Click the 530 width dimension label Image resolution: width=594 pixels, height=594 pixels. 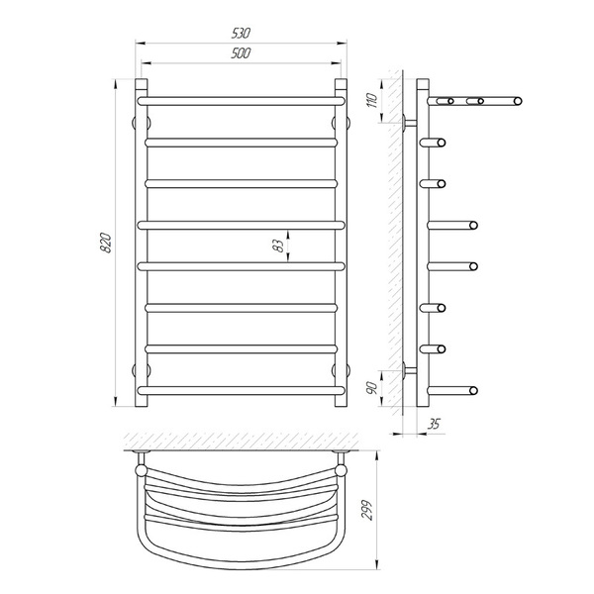[x=241, y=34]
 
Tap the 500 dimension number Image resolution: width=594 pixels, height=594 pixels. [x=241, y=53]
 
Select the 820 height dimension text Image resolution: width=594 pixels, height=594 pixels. [x=107, y=243]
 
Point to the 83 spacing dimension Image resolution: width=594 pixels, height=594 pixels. [x=278, y=246]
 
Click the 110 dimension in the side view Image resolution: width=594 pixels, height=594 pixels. [x=373, y=100]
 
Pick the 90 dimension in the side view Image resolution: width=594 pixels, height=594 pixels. [x=373, y=388]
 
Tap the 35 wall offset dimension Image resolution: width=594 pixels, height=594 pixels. [x=435, y=424]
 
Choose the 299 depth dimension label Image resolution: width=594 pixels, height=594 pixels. [x=367, y=510]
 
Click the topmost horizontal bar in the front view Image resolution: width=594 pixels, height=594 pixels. [x=242, y=101]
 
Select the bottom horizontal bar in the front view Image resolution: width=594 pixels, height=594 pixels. [x=242, y=391]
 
